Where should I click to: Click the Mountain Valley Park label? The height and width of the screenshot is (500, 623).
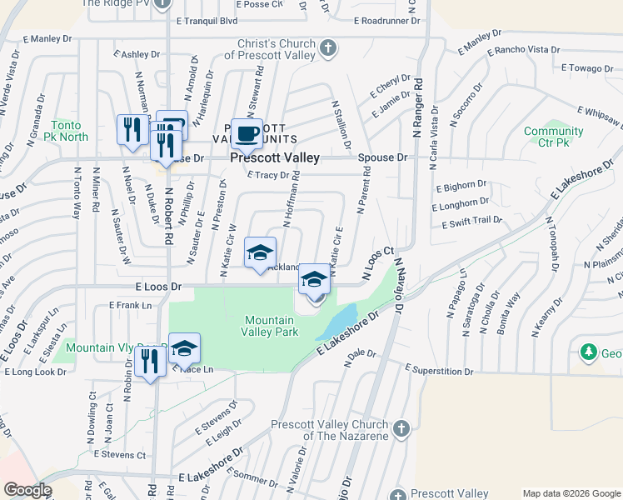[x=270, y=326]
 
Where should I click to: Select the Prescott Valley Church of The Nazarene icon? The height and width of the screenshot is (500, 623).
[x=401, y=429]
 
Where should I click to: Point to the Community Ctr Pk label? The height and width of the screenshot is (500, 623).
[x=553, y=137]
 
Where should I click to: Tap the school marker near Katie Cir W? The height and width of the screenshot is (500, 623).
[x=260, y=252]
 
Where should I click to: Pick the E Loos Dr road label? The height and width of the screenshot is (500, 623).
[x=157, y=286]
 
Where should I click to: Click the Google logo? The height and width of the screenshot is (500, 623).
[x=27, y=490]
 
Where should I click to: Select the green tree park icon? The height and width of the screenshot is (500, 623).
[x=590, y=352]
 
